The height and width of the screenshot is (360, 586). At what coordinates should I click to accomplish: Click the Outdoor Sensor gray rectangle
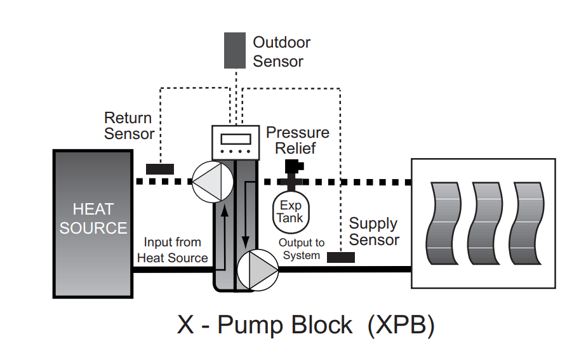coord(235,50)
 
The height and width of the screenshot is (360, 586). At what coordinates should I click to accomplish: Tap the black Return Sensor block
coord(160,169)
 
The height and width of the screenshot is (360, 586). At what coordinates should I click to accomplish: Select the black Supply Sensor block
coord(341,257)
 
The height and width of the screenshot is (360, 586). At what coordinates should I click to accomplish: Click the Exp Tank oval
coord(291,211)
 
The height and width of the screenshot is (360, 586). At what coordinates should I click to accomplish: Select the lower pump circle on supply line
coord(257,269)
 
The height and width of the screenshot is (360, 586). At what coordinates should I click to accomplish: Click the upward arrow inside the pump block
coord(224,229)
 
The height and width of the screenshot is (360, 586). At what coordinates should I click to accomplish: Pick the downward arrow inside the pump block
coord(246,216)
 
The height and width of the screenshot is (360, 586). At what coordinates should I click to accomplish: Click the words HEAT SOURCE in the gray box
coord(93,218)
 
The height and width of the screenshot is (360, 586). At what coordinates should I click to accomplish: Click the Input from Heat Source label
coord(172,250)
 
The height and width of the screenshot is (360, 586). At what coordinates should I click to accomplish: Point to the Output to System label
coord(302,249)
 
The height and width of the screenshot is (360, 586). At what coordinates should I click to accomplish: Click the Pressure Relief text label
coord(297,140)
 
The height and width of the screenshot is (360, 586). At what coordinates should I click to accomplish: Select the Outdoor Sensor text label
coord(281,52)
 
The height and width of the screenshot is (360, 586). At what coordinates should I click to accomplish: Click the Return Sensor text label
coord(129,126)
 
